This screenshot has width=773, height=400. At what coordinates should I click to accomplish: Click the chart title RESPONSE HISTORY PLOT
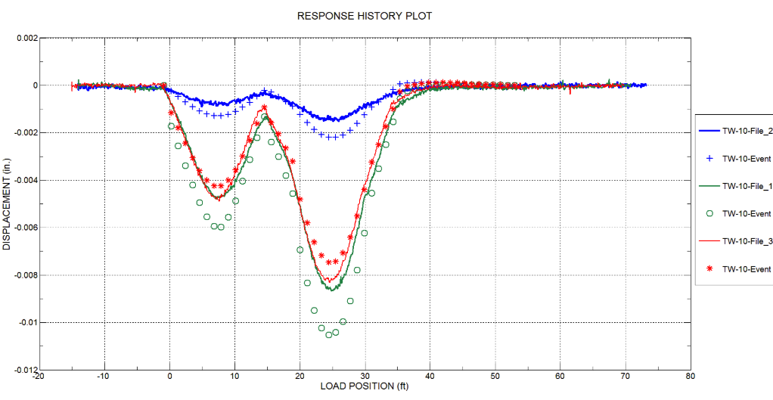[x=365, y=16]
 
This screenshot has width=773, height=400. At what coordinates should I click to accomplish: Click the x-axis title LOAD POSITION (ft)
[x=364, y=386]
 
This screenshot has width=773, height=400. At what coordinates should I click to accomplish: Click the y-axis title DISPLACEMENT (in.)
[x=7, y=204]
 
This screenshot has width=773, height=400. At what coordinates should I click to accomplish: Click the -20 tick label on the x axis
[x=39, y=375]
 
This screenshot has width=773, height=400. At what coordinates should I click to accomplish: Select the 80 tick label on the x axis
[x=690, y=375]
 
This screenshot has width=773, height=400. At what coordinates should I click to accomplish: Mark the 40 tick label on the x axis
[x=430, y=375]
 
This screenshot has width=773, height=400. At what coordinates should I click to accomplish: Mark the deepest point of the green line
[x=332, y=290]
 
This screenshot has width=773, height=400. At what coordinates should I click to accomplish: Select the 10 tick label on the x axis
[x=234, y=375]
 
